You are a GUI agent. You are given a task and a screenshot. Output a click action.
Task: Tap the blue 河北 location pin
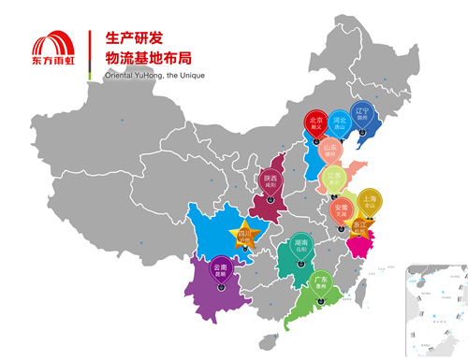click(x=341, y=124)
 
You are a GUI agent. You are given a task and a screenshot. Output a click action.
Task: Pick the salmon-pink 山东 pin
click(x=329, y=150)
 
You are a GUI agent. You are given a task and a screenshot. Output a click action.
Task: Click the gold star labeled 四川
click(x=245, y=235)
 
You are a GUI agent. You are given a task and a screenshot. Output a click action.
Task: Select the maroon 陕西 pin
click(x=271, y=180)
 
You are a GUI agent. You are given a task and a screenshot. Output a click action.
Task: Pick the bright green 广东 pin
click(x=320, y=282)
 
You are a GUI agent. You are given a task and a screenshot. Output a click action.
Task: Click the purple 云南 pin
click(x=221, y=269)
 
